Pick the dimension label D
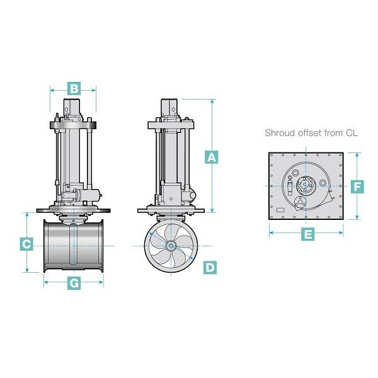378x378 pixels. tap(210, 267)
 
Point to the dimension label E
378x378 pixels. tap(308, 234)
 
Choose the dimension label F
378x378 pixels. tap(357, 186)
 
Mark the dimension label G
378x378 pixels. tap(74, 283)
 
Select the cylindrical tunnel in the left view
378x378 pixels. tap(74, 246)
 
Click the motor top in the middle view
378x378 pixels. tap(171, 106)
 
